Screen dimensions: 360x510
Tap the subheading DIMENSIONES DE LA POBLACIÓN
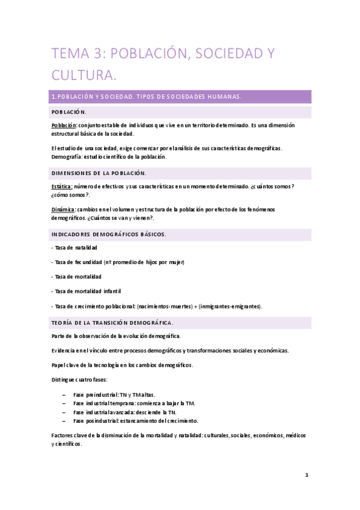99,173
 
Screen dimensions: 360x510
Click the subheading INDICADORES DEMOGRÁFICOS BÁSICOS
108,233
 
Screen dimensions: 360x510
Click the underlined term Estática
62,186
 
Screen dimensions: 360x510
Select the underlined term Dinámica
63,209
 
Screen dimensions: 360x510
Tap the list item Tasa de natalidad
75,247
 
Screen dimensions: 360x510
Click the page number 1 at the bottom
307,475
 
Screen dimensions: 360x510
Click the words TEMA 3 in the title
82,54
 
